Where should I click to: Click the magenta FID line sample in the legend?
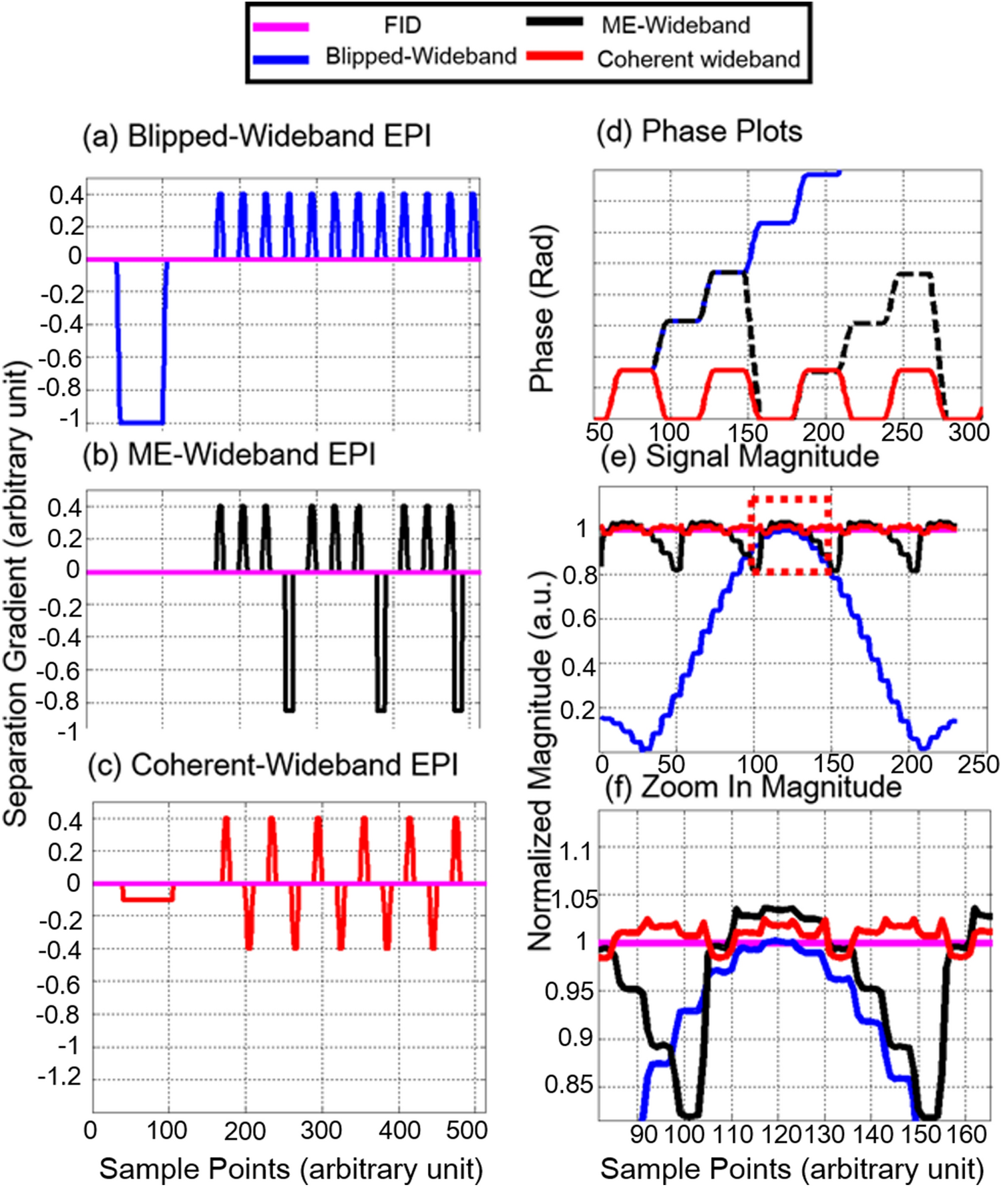point(280,27)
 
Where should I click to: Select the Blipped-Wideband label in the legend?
point(421,57)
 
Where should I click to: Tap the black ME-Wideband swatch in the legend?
point(554,21)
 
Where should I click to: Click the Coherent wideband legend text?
point(698,59)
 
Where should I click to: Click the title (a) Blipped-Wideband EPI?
point(256,136)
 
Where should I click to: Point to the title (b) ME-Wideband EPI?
point(229,455)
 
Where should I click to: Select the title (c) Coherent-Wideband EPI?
point(272,765)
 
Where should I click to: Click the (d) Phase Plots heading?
point(698,132)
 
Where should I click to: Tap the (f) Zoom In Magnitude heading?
point(753,787)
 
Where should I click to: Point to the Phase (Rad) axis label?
point(542,308)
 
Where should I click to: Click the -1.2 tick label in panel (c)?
point(61,1077)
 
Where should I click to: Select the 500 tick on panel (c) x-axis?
point(466,1130)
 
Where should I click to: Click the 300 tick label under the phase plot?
point(969,433)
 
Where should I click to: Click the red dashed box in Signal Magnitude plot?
point(791,534)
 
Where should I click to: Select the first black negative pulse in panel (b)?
point(288,641)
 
